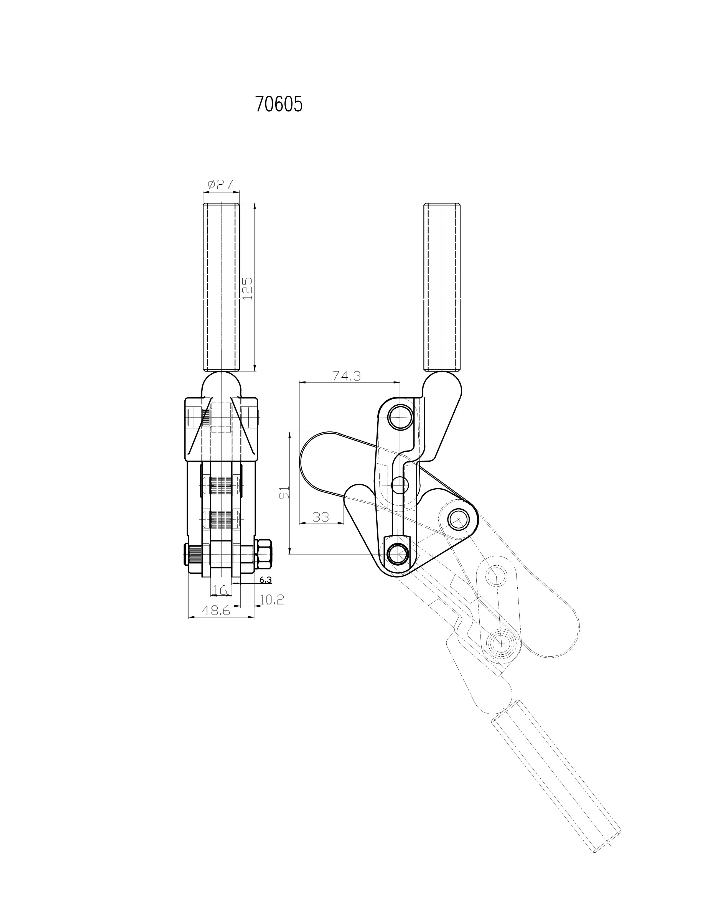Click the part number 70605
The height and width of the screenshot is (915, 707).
(x=279, y=104)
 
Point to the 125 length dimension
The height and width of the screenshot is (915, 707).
(x=248, y=288)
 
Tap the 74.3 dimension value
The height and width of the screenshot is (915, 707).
(x=346, y=376)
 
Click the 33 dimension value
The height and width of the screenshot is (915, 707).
(x=321, y=517)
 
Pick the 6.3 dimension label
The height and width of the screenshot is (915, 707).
(x=266, y=579)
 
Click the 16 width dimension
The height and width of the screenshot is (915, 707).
(x=220, y=590)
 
